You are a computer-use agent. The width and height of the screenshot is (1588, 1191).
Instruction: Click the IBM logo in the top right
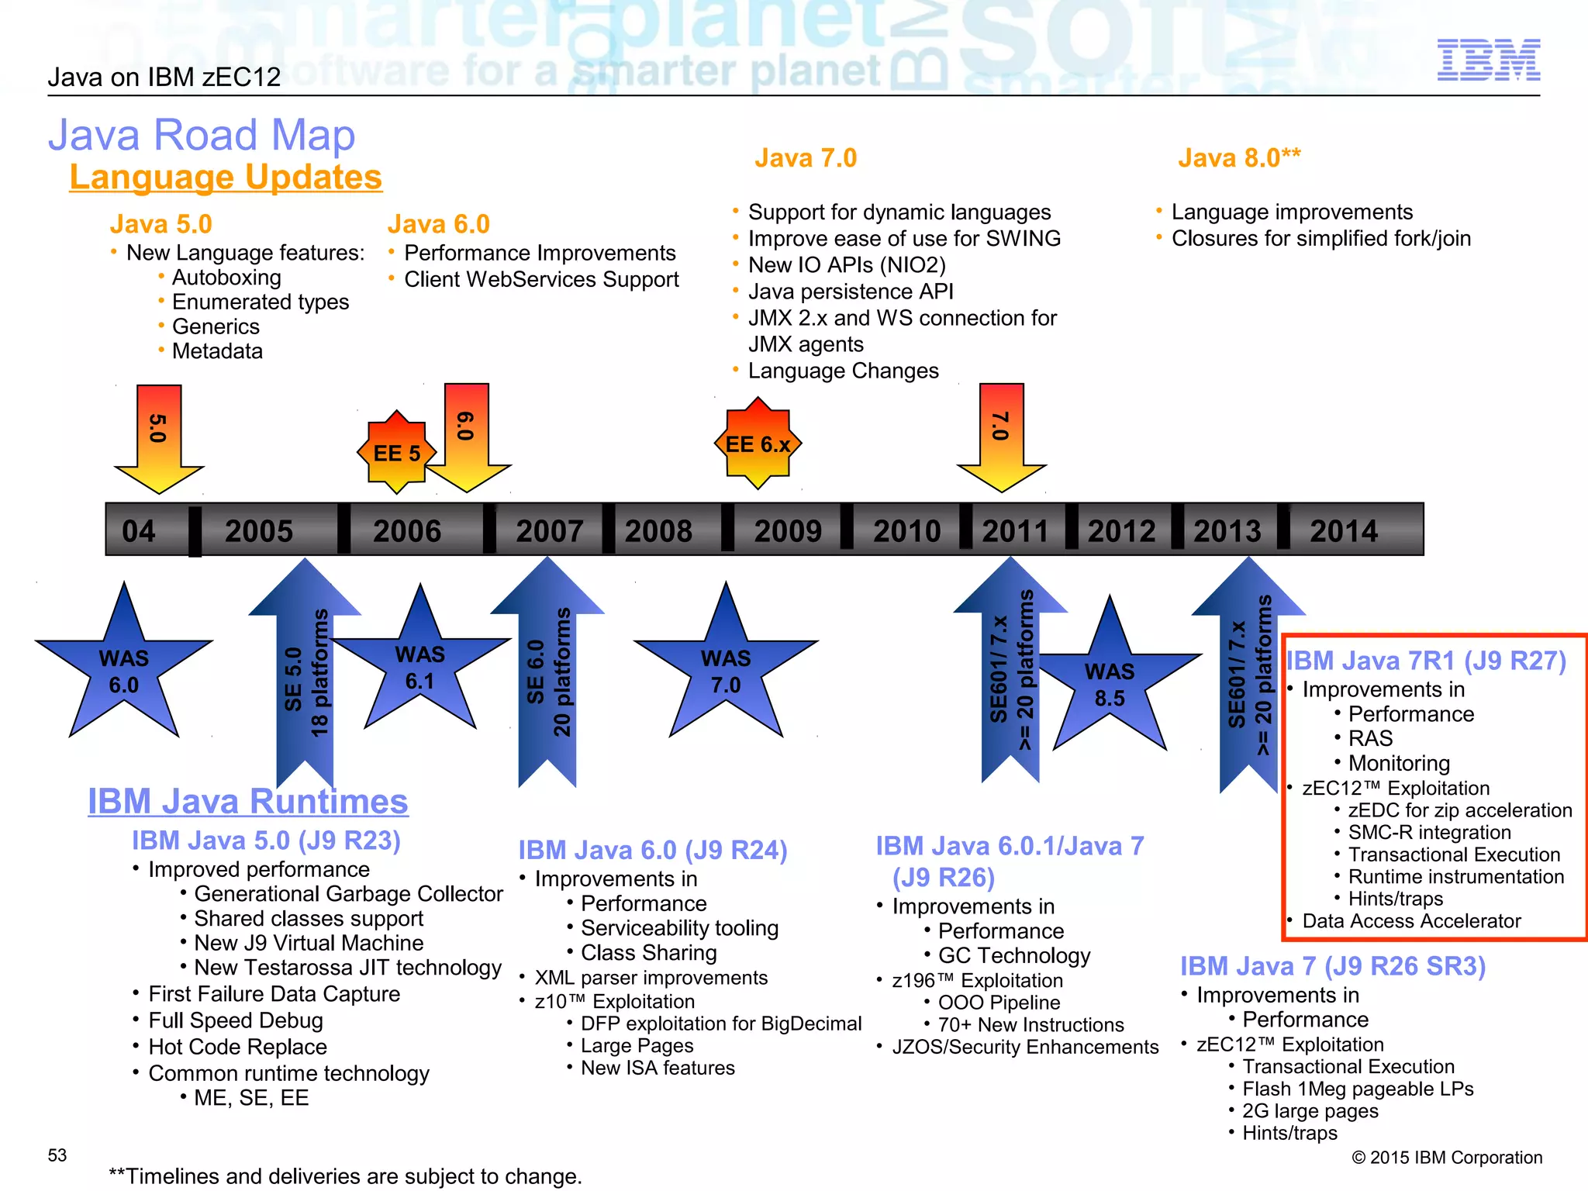click(x=1488, y=60)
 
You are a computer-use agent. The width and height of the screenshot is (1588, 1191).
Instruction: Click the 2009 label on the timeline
click(x=788, y=531)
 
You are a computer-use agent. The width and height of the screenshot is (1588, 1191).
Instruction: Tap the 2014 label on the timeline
click(x=1344, y=531)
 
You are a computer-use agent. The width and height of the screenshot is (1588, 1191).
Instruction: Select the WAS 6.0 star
click(x=124, y=671)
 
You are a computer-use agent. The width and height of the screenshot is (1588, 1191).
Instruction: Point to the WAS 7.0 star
click(x=726, y=671)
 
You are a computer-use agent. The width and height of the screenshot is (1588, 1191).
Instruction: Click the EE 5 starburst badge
click(x=397, y=453)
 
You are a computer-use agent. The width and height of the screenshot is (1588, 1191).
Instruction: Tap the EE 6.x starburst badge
click(x=758, y=444)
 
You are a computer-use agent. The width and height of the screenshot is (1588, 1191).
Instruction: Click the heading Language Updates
click(x=226, y=177)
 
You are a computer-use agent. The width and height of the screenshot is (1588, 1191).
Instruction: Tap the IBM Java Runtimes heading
click(x=247, y=801)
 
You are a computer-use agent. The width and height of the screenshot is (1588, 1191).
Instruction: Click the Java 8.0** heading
click(x=1239, y=158)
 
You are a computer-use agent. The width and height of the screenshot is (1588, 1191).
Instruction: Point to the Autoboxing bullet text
click(x=226, y=278)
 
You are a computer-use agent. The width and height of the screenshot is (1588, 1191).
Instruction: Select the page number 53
click(x=57, y=1155)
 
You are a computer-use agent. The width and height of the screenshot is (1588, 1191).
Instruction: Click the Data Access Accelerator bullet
click(x=1411, y=921)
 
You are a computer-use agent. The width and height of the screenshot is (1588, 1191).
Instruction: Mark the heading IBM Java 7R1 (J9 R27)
click(x=1426, y=661)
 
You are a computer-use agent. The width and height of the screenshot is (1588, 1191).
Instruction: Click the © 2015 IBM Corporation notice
click(x=1447, y=1158)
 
